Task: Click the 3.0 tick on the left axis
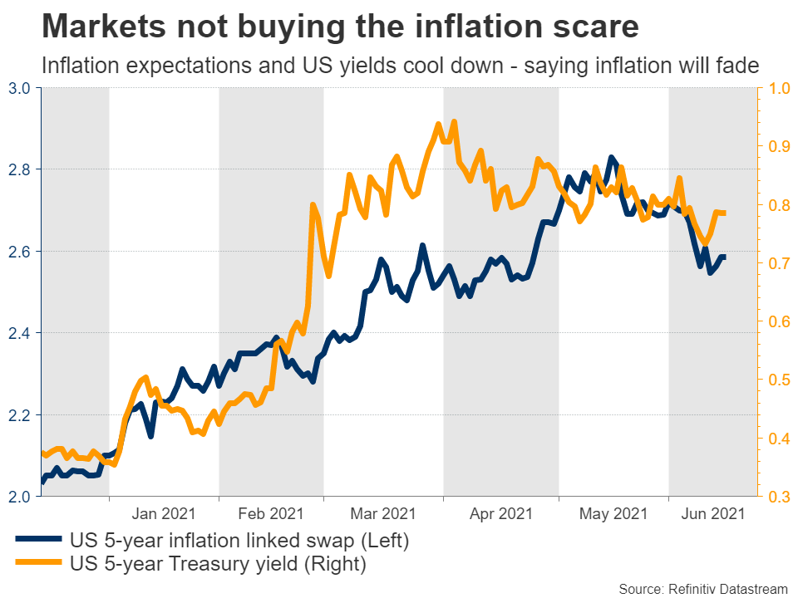tap(19, 88)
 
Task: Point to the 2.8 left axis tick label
tap(19, 169)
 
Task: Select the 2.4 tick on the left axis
tap(19, 333)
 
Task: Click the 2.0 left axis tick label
tap(19, 497)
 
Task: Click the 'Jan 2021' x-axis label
tap(163, 514)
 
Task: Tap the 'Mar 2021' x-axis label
tap(382, 514)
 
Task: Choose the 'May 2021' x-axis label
tap(612, 514)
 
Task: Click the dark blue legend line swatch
tap(37, 541)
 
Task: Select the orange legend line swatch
tap(37, 564)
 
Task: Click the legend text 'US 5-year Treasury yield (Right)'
tap(220, 564)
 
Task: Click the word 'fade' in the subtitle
tap(739, 65)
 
